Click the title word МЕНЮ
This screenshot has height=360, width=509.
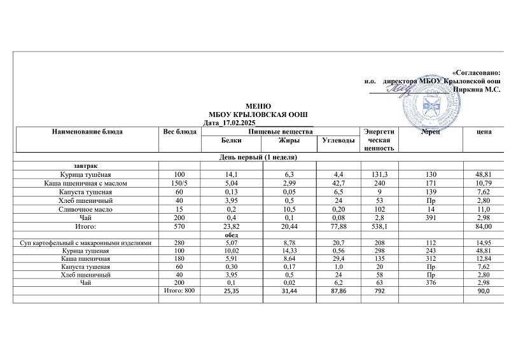258,106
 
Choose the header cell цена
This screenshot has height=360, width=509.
484,132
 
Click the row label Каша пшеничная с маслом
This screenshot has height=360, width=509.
86,183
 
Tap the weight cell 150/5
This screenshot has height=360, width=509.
178,183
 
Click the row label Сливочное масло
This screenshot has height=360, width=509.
86,209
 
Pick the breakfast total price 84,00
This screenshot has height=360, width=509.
484,226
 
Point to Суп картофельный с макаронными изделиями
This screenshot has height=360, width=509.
86,243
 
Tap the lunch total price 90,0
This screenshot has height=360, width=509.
484,291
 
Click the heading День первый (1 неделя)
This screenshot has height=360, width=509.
258,156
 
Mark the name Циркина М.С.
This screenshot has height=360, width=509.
475,90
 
